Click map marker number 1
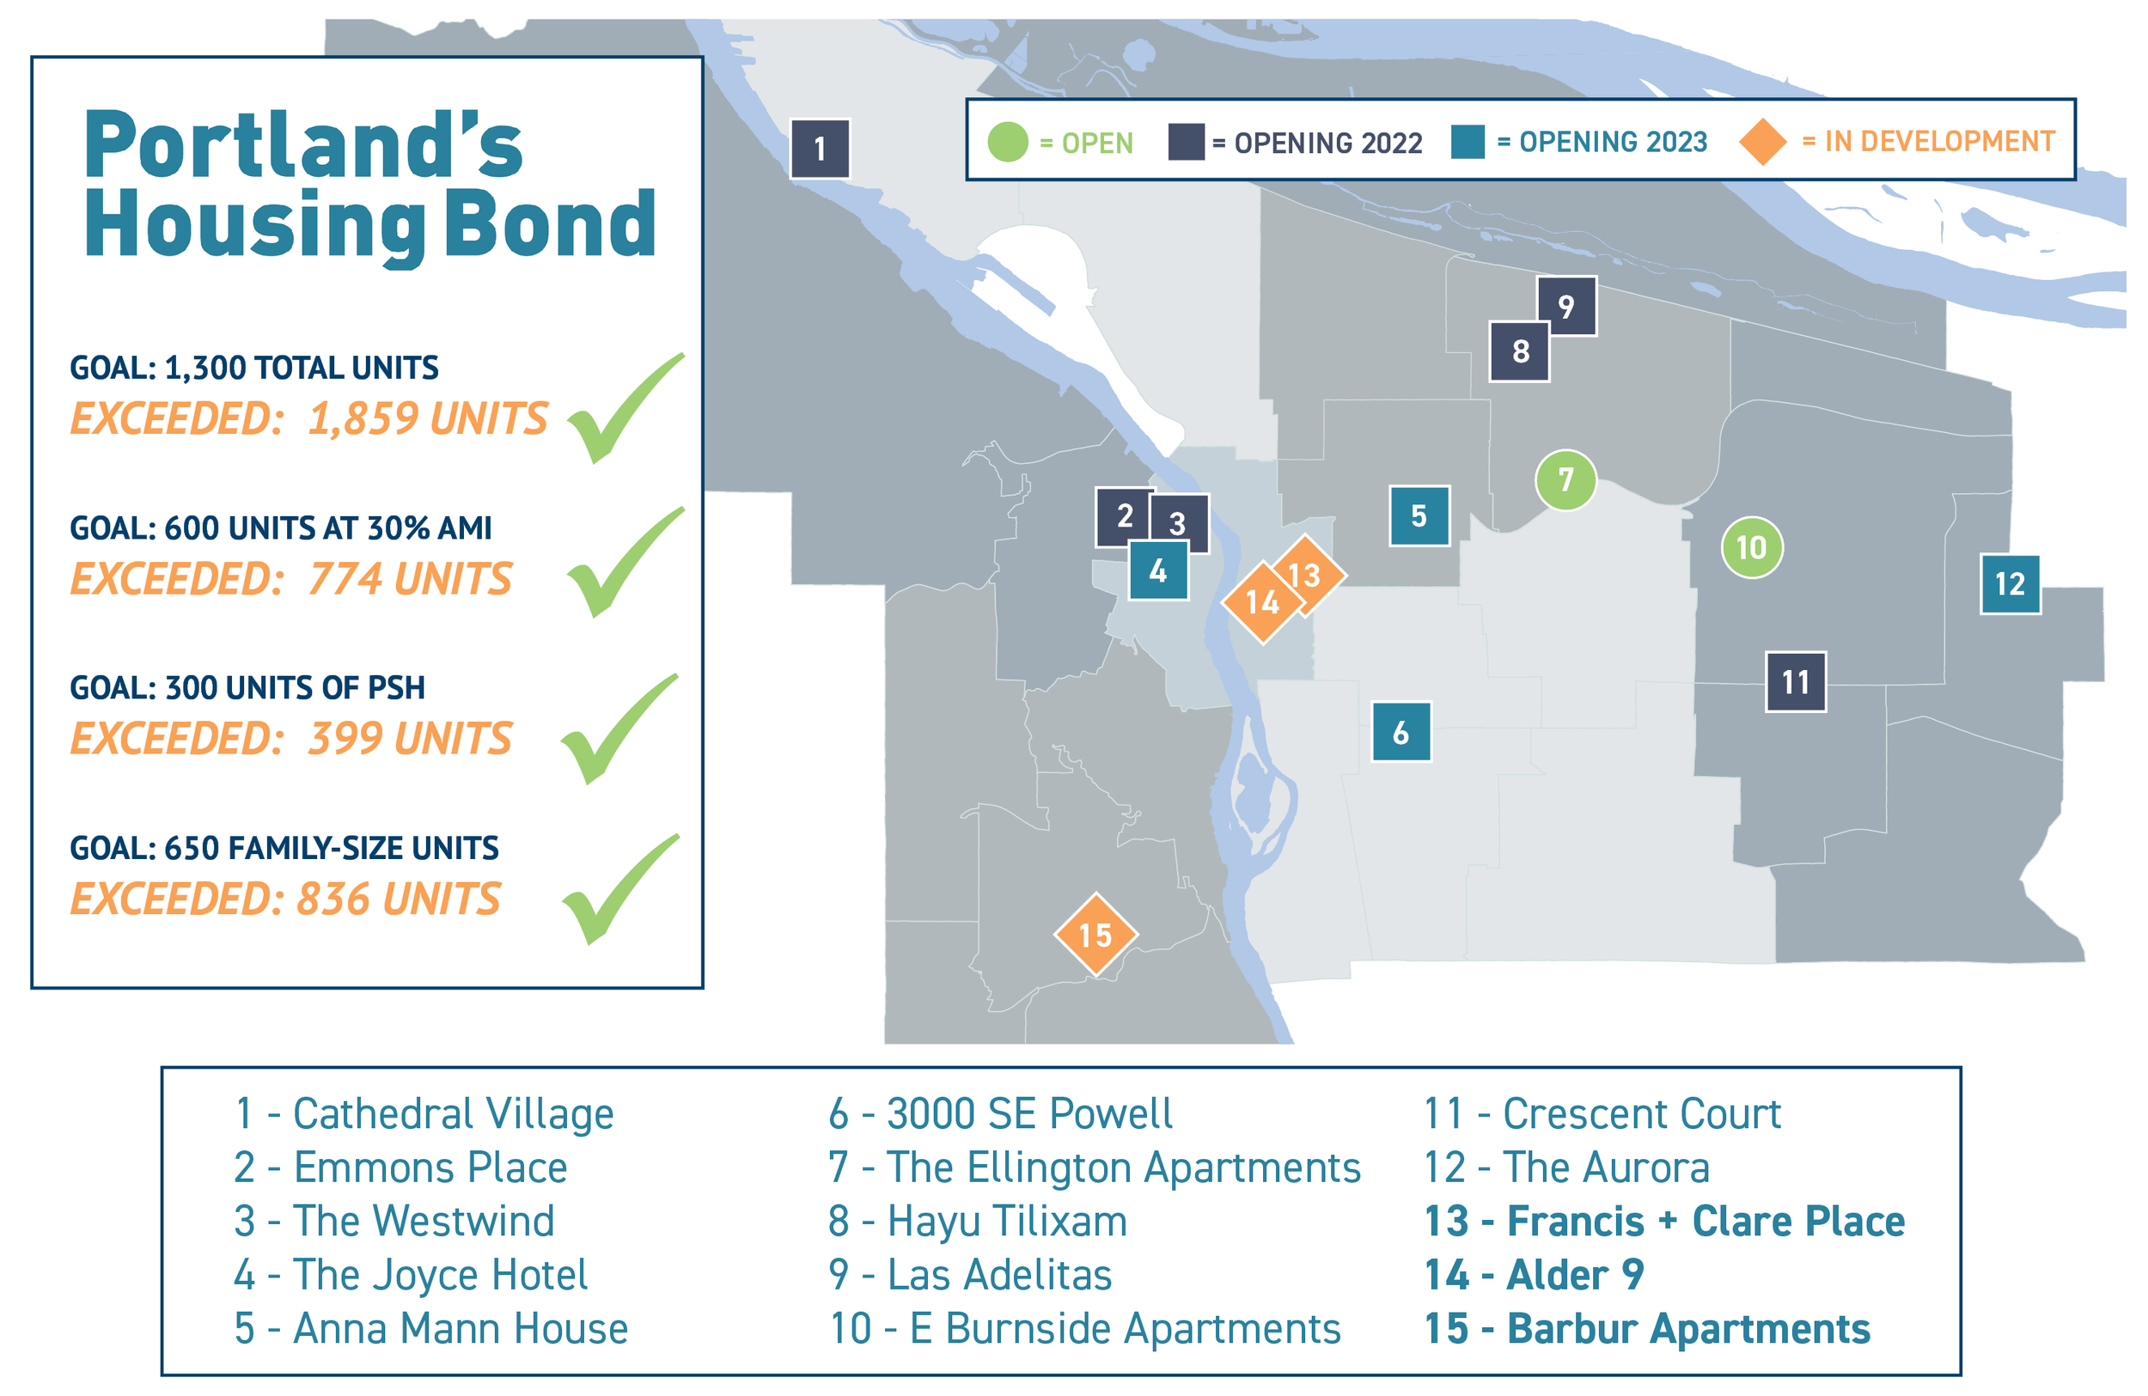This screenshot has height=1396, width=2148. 819,148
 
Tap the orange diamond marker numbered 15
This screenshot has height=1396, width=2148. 1095,934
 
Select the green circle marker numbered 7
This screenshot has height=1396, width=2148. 1565,479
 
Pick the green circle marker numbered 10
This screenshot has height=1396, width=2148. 1751,547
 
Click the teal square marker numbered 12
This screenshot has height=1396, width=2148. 2010,584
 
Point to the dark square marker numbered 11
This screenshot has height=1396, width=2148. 1795,681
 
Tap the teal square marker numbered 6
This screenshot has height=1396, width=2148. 1400,732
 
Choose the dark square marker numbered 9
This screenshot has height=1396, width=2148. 1565,306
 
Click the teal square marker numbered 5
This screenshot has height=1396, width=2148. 1419,515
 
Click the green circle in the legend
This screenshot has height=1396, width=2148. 1007,142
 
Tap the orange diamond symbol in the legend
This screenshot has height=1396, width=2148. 1761,142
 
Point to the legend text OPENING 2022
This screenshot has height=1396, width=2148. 1327,143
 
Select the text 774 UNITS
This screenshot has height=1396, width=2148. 410,578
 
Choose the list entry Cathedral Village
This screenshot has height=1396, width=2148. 424,1113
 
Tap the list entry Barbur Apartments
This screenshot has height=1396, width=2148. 1647,1328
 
